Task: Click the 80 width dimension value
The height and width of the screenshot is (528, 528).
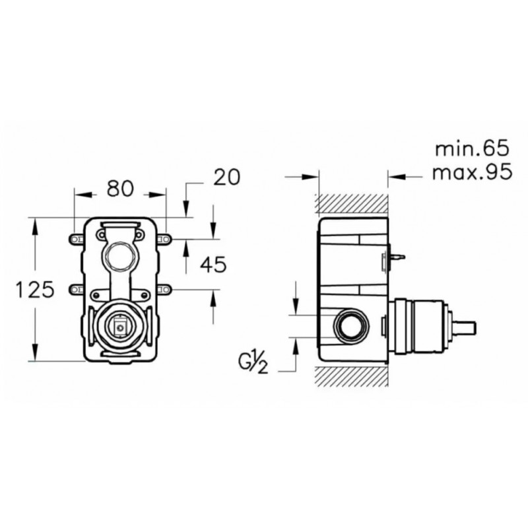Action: (x=120, y=189)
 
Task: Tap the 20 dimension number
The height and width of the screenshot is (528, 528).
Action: (x=227, y=177)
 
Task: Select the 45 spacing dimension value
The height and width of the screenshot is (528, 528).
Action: (x=213, y=265)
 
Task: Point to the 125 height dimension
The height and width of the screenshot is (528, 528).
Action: (x=35, y=290)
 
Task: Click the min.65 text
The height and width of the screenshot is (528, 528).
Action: (x=472, y=148)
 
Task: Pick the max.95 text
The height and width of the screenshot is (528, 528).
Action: (x=472, y=172)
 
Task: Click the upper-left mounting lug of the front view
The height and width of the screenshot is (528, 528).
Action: (x=76, y=239)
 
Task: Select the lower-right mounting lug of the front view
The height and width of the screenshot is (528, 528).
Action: (x=164, y=289)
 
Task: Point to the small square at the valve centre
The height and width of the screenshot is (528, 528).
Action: (x=119, y=326)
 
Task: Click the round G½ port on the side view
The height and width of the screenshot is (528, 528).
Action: (x=351, y=326)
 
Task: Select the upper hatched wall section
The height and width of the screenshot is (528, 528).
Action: (x=352, y=204)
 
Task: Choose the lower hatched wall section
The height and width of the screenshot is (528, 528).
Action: (x=352, y=376)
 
